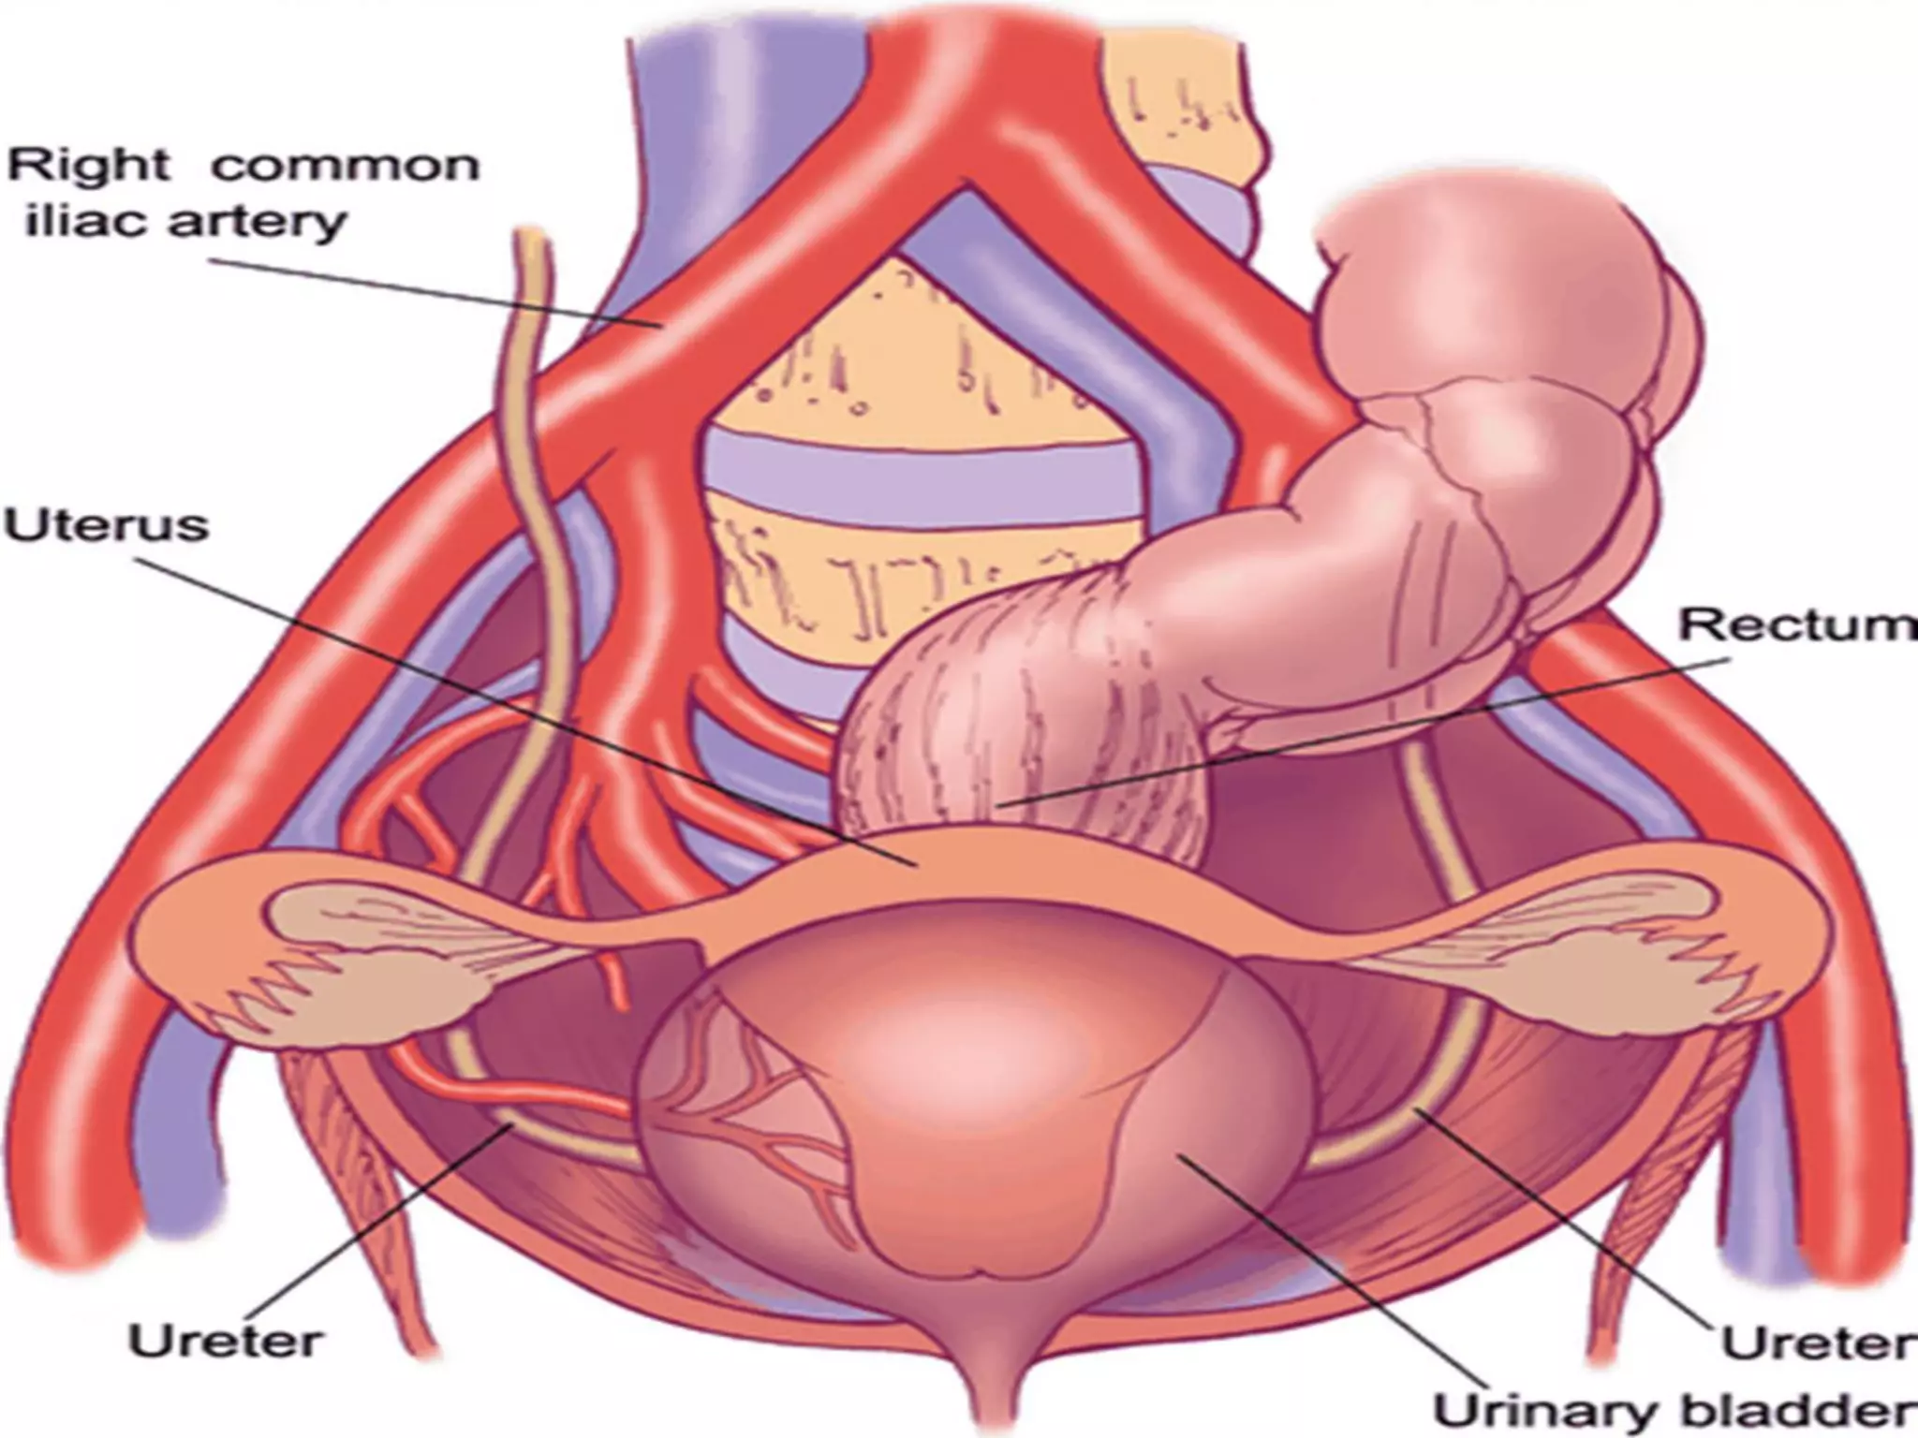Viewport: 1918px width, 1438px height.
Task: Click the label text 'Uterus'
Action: pos(107,526)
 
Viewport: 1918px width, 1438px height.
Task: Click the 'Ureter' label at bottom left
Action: pos(225,1341)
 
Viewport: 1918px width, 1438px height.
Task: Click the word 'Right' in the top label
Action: pos(90,167)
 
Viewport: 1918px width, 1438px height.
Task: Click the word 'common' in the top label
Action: pos(345,167)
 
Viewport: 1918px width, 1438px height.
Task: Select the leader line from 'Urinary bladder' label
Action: pos(1330,1273)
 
